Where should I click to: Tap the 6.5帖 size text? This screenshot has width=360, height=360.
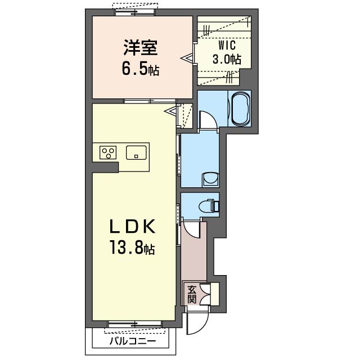(x=140, y=69)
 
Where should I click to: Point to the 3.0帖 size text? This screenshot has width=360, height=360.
(x=227, y=58)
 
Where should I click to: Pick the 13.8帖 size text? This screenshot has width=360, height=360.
(x=133, y=247)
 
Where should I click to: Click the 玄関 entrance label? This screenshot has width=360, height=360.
(x=192, y=294)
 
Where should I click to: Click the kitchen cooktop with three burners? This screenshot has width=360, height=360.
(x=108, y=152)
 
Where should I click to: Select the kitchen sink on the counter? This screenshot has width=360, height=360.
(x=136, y=152)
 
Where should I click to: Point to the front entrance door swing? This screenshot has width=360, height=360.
(x=197, y=321)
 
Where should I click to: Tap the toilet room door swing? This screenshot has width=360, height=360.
(x=191, y=228)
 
